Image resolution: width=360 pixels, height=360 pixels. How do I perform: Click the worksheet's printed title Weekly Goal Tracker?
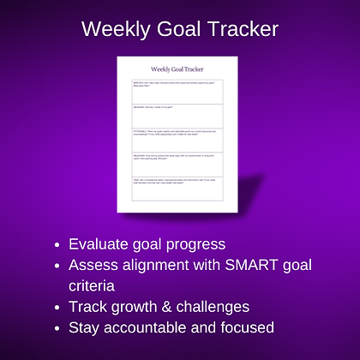tap(177, 69)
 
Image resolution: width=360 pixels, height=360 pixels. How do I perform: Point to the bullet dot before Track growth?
tap(57, 306)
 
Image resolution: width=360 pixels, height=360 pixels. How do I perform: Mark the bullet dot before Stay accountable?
tap(57, 327)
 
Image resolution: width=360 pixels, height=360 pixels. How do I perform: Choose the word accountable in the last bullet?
tap(147, 327)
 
